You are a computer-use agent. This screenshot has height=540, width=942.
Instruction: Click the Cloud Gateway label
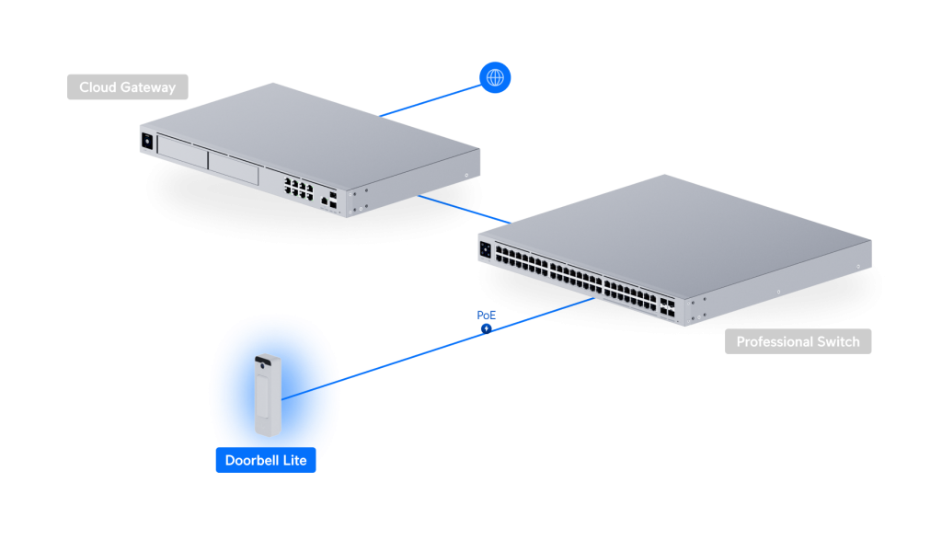click(127, 87)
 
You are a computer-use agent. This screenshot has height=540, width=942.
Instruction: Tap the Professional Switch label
click(798, 342)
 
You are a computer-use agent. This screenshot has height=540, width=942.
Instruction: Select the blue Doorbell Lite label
click(266, 460)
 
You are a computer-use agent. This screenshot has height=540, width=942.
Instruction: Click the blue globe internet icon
click(496, 78)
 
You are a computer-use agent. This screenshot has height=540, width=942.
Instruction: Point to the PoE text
click(487, 316)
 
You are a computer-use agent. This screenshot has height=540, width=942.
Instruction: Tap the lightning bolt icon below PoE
click(487, 328)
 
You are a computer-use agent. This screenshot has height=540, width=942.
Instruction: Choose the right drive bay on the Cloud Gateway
click(235, 165)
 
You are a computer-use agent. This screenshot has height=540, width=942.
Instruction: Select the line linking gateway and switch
click(465, 209)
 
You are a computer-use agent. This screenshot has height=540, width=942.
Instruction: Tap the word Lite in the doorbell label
click(293, 460)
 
